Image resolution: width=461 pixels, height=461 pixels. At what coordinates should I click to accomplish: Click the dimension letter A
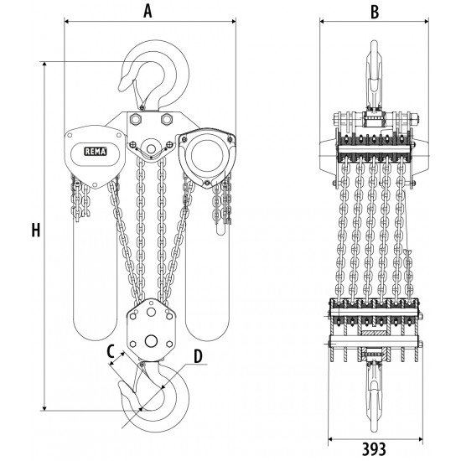tap(148, 11)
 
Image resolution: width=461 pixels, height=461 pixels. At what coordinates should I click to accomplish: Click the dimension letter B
tap(375, 12)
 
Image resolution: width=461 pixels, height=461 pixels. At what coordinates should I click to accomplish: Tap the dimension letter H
tap(36, 230)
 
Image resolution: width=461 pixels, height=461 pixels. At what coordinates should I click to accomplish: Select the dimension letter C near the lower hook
tap(111, 351)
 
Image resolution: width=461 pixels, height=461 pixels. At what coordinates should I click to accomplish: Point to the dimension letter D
tap(198, 356)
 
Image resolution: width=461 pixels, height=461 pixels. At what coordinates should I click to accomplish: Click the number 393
tap(374, 449)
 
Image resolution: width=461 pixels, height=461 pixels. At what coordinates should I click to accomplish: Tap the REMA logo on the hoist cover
tap(96, 152)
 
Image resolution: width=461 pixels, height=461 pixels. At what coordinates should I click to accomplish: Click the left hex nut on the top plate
tap(136, 119)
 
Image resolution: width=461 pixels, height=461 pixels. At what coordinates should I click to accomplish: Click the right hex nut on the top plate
tap(166, 119)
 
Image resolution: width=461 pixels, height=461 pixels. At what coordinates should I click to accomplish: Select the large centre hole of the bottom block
tap(151, 341)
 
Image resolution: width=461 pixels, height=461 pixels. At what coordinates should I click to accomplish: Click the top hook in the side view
tap(374, 76)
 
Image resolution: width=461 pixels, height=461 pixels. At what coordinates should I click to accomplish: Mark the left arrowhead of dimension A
tap(66, 21)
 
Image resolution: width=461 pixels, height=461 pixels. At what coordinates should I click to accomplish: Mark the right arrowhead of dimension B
tap(426, 21)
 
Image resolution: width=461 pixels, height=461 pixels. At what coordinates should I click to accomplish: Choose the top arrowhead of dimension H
tap(44, 65)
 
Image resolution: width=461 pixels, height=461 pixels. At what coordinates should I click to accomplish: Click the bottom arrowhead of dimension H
tap(44, 407)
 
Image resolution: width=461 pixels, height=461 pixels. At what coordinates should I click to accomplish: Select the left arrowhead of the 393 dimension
tap(330, 439)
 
